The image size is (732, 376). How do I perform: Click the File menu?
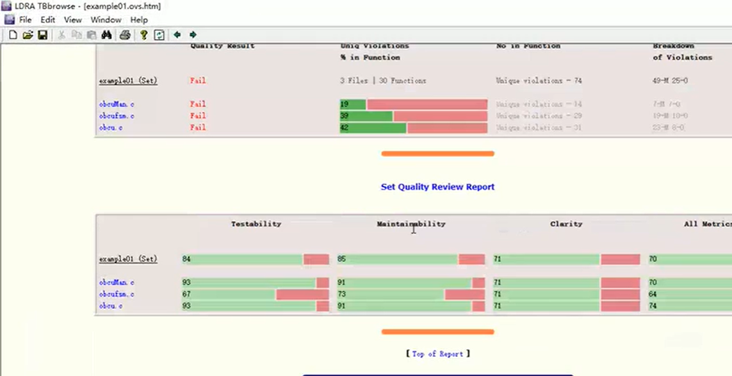[25, 20]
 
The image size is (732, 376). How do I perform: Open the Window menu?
[106, 20]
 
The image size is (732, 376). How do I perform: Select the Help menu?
[139, 20]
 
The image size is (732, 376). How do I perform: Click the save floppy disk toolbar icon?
[43, 35]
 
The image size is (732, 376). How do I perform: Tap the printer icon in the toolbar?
[125, 35]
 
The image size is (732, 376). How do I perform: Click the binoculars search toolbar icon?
[107, 35]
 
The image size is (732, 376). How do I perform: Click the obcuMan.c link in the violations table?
[117, 104]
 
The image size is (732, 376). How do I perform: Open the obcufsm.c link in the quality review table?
[117, 294]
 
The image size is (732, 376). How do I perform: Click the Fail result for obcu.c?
[198, 127]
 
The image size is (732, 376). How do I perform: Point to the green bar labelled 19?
[353, 104]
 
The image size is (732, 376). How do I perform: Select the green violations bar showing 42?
[373, 128]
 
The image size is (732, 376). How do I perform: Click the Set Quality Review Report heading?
[437, 187]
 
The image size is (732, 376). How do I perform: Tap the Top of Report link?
[437, 354]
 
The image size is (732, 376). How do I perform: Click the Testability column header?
[256, 224]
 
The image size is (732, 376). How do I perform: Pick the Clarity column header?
[566, 224]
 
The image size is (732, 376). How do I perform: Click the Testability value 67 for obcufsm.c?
[186, 295]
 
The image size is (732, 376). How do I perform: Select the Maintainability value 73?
[343, 295]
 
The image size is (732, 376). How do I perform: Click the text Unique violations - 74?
[539, 81]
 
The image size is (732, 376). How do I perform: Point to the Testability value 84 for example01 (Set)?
[186, 259]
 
